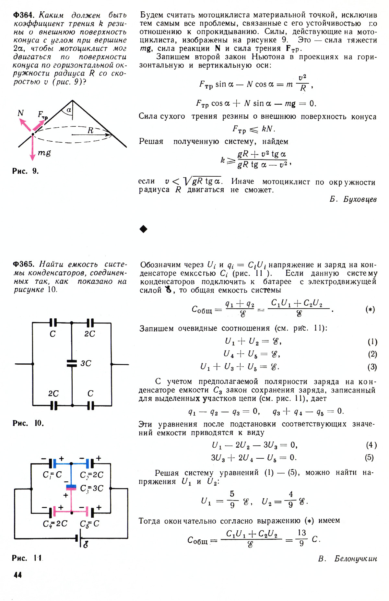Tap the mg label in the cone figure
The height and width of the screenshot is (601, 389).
44,152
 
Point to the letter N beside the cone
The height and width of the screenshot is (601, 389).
20,113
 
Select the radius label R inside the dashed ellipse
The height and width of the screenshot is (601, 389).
90,130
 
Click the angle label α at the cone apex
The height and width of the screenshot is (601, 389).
69,110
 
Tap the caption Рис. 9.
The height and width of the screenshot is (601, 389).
25,171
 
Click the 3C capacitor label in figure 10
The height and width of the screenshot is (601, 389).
86,363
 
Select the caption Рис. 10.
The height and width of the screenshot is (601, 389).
28,423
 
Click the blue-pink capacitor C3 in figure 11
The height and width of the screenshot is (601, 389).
71,487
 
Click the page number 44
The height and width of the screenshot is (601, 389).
18,575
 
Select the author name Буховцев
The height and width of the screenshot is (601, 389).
353,199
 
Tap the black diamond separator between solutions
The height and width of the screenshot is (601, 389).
143,229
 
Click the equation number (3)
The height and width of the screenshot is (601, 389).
372,367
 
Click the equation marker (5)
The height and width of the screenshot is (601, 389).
369,457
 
